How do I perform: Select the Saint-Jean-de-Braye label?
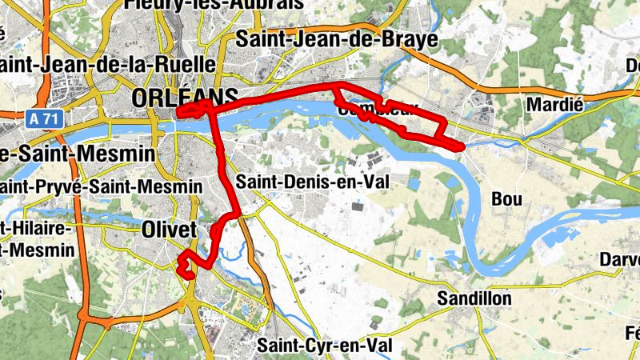pyautogui.click(x=337, y=38)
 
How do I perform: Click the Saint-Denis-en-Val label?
pyautogui.click(x=311, y=182)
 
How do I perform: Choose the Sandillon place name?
pyautogui.click(x=474, y=298)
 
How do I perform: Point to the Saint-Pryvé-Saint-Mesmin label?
pyautogui.click(x=100, y=186)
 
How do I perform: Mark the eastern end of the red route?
pyautogui.click(x=462, y=146)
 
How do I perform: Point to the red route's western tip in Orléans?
pyautogui.click(x=178, y=114)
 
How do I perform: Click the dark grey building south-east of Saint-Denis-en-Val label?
pyautogui.click(x=357, y=207)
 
